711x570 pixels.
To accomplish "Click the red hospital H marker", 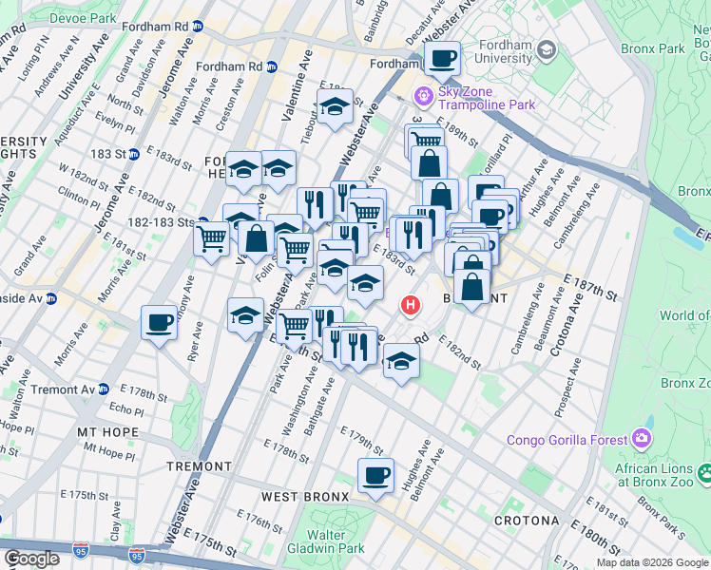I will point(410,306).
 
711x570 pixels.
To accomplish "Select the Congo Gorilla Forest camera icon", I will point(642,439).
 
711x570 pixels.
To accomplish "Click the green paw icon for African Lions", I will point(704,472).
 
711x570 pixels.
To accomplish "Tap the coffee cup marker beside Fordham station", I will point(442,60).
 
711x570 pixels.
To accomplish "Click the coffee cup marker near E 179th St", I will point(375,475).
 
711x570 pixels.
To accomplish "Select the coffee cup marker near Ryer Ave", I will point(160,323).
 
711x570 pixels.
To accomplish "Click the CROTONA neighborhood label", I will point(526,521).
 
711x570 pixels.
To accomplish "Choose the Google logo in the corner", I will point(31,559).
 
